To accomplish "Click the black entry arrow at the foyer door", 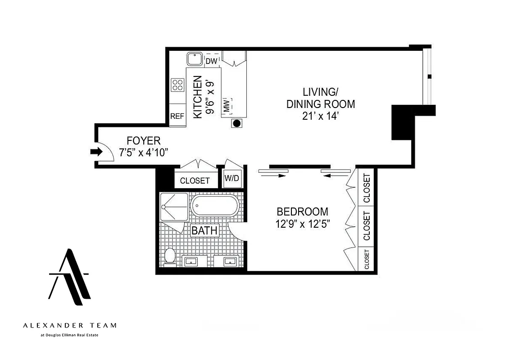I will pyautogui.click(x=96, y=152).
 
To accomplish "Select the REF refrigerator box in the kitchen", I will pyautogui.click(x=177, y=116).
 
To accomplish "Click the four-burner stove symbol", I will pyautogui.click(x=177, y=85).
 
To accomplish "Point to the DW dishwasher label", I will pyautogui.click(x=211, y=61).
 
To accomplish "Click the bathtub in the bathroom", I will pyautogui.click(x=214, y=207).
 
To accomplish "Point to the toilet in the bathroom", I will pyautogui.click(x=170, y=256).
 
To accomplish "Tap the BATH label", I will pyautogui.click(x=204, y=231).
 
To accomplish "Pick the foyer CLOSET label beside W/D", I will pyautogui.click(x=195, y=180).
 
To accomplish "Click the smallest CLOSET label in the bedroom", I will pyautogui.click(x=367, y=260).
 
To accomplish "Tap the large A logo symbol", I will pyautogui.click(x=69, y=276).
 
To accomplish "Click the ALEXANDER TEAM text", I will pyautogui.click(x=69, y=325).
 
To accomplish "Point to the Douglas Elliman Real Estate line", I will pyautogui.click(x=69, y=335).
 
